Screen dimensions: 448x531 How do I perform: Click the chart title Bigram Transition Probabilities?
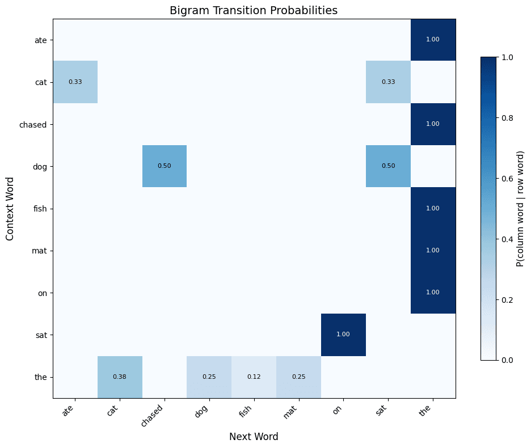click(x=254, y=10)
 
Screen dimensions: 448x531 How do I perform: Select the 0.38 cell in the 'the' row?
click(x=120, y=377)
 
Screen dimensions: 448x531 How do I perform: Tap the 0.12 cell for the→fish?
click(x=254, y=377)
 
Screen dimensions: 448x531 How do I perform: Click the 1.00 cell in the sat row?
click(x=343, y=335)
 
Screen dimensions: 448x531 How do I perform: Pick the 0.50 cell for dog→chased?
click(x=165, y=166)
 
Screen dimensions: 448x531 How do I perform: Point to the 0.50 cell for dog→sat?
click(x=388, y=166)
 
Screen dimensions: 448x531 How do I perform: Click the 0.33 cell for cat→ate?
click(x=75, y=82)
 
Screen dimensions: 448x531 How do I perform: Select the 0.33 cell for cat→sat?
click(x=388, y=82)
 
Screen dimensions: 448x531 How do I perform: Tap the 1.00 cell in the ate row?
click(x=433, y=40)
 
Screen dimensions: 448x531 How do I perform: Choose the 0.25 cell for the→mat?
click(x=298, y=377)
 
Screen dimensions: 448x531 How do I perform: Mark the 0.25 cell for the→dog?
click(x=209, y=377)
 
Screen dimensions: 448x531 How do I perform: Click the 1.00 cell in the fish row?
click(x=433, y=208)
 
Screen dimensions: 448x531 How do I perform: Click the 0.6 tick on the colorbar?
click(x=509, y=178)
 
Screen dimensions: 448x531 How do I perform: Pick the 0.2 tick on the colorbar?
click(x=509, y=299)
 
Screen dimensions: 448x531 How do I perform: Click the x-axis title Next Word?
click(x=254, y=437)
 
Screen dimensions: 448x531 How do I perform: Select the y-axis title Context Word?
click(x=11, y=208)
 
